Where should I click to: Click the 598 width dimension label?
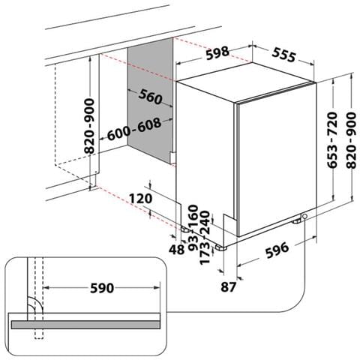tap(217, 53)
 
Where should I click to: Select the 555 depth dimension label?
tap(283, 55)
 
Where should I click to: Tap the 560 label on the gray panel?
tap(150, 97)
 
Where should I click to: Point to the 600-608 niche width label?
tap(134, 130)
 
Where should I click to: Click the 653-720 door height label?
tap(332, 140)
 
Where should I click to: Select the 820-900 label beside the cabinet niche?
tap(89, 126)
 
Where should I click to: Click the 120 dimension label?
tap(140, 199)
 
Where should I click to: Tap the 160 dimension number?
tap(193, 215)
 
